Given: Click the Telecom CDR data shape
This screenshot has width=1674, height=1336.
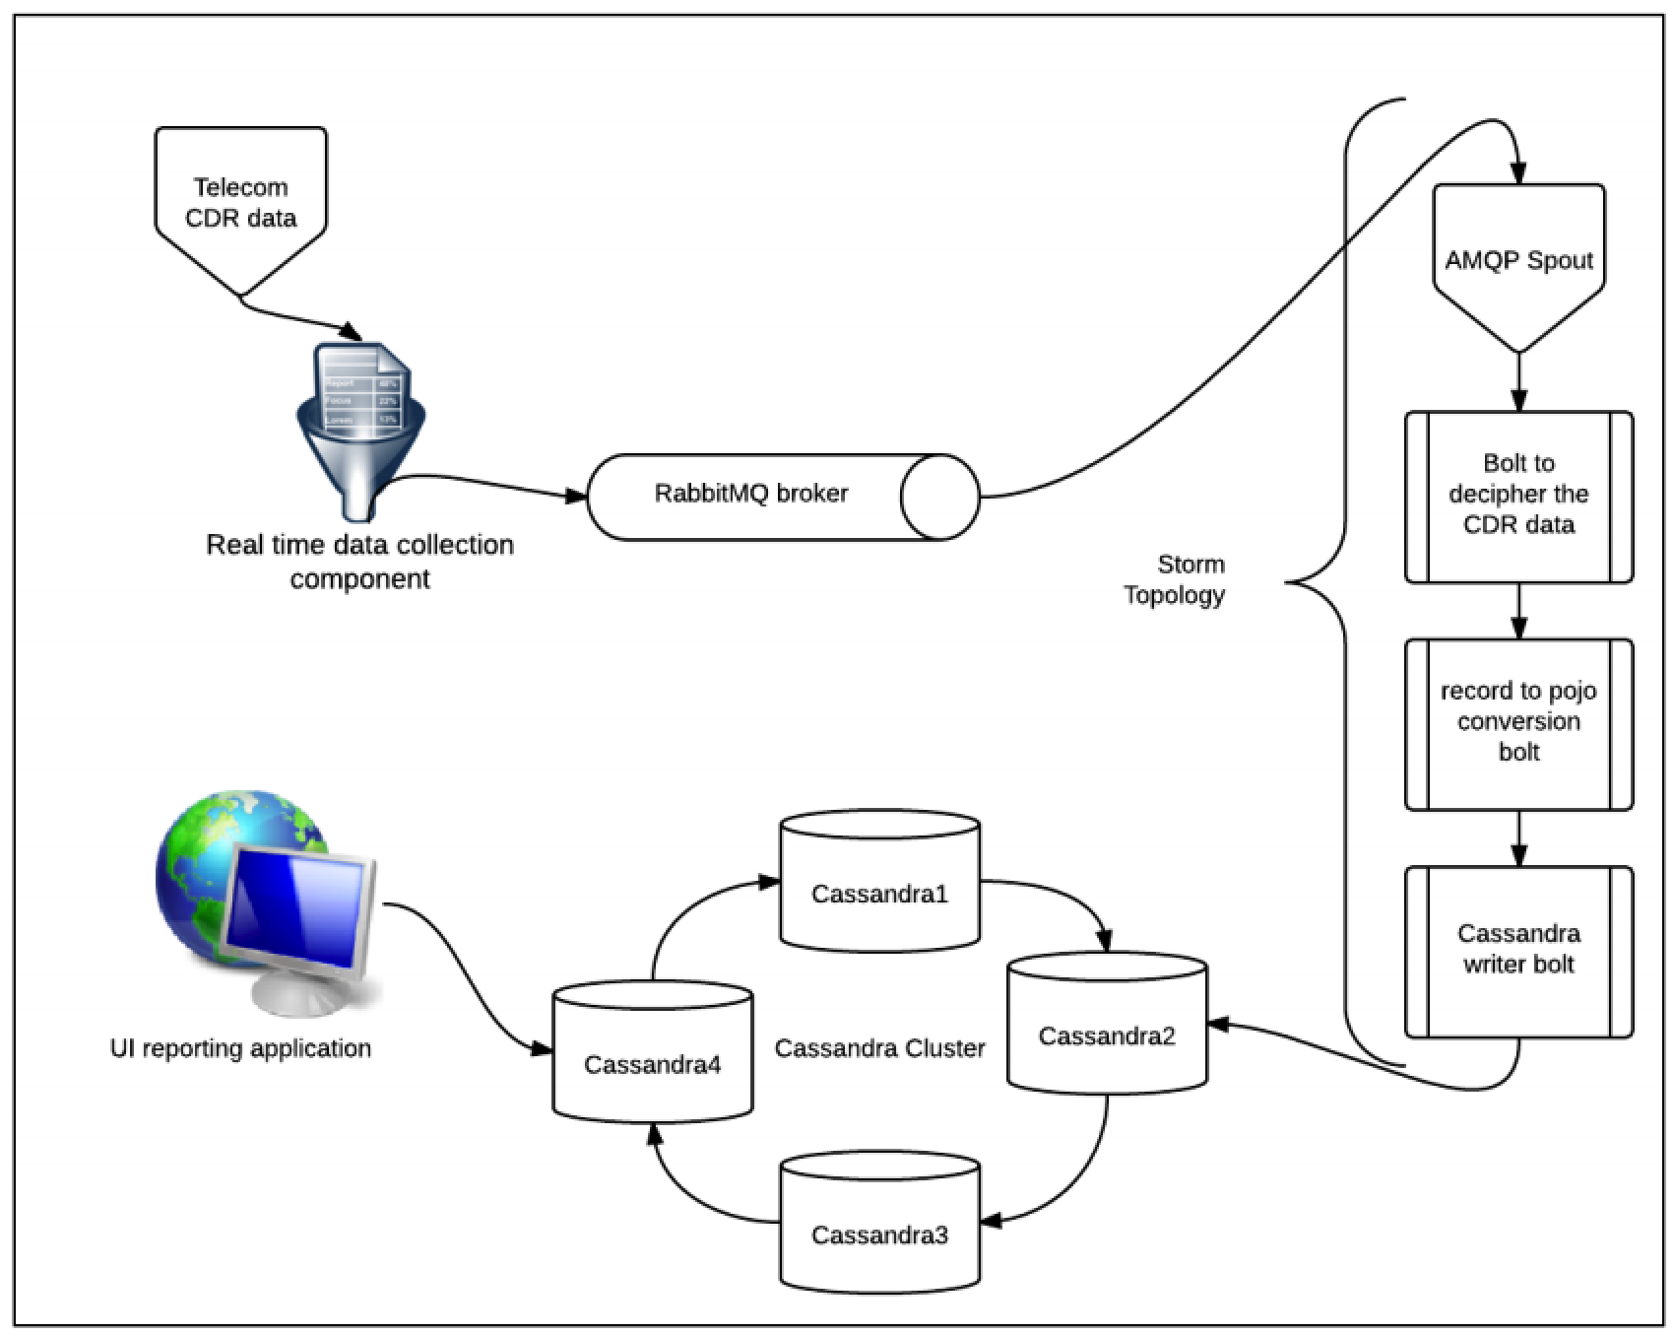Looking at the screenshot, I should (240, 203).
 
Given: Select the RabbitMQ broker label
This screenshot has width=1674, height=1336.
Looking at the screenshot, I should (750, 494).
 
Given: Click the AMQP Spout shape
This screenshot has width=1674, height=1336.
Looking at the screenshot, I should (1518, 261).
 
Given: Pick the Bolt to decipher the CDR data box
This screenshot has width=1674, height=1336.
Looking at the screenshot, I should (1518, 495).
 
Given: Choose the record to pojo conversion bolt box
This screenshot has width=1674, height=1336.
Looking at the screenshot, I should (1518, 722).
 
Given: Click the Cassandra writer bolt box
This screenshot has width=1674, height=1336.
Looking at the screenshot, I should (1518, 950).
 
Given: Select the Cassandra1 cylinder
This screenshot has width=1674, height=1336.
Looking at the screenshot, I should (879, 894).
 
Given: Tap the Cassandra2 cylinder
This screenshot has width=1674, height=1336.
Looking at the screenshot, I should (1107, 1036).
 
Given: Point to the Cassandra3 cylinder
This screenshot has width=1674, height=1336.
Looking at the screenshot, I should (879, 1235).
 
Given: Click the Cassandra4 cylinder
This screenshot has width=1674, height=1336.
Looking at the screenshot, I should (652, 1064).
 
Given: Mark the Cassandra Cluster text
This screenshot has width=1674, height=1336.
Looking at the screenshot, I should (879, 1048).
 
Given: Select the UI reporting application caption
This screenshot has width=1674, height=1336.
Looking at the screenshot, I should (240, 1048).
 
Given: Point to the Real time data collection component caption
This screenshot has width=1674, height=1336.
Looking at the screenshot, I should (359, 562).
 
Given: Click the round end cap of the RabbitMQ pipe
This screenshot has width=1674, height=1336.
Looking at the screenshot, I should (939, 497).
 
